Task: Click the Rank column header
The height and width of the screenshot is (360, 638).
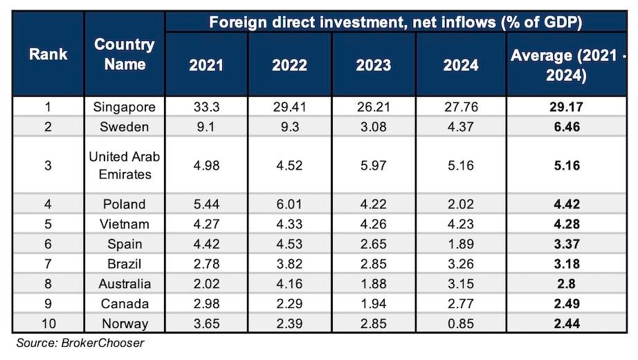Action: coord(48,53)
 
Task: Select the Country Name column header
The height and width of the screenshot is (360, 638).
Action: coord(124,54)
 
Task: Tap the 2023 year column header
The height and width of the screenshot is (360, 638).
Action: coord(373,65)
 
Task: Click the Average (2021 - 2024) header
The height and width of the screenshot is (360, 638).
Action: coord(567,65)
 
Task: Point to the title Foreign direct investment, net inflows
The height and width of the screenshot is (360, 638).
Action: coord(394,21)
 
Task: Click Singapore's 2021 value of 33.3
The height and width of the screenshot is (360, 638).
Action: coord(207,107)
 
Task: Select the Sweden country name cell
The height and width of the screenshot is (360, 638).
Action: coord(124,127)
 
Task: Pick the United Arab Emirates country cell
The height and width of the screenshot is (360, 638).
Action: coord(124,165)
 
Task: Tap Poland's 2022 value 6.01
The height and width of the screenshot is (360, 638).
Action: coord(290,204)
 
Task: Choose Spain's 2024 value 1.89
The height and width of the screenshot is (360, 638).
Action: coord(460,244)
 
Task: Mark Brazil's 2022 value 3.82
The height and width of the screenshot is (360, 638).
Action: coord(290,264)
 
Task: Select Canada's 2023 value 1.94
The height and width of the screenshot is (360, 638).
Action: coord(373,303)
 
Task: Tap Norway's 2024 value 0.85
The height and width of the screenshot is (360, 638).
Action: coord(460,323)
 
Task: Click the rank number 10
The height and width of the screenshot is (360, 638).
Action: coord(48,323)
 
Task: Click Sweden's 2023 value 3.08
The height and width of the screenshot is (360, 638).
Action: coord(373,127)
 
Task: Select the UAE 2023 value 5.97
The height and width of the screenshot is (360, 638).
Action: coord(373,165)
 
